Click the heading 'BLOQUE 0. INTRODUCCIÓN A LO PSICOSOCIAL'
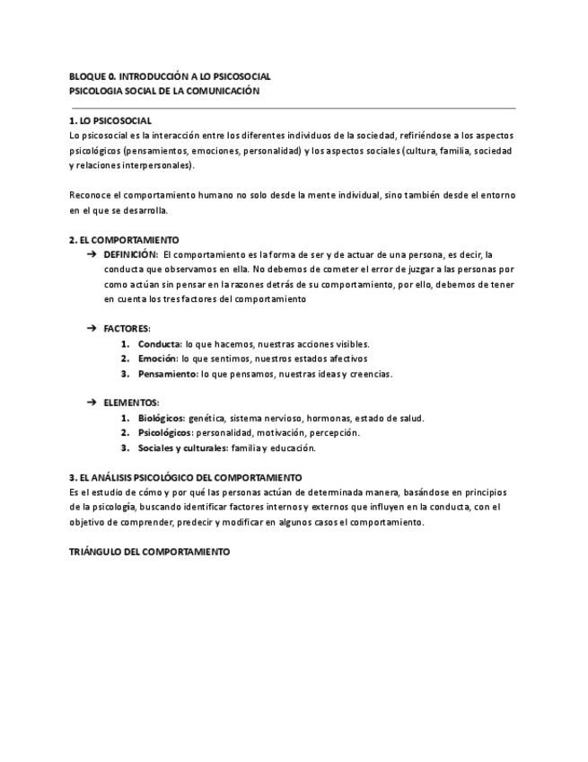tap(170, 76)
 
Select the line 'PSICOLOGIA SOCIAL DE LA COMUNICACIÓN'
tap(164, 91)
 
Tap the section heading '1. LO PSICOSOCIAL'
tap(110, 120)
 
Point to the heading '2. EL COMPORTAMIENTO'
tap(124, 240)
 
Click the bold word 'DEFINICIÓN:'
tap(131, 254)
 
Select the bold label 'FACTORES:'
tap(127, 329)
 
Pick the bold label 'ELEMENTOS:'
tap(131, 403)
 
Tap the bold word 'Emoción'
tap(157, 359)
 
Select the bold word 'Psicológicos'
tap(165, 432)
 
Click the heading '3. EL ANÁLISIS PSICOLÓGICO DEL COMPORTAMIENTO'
tap(186, 477)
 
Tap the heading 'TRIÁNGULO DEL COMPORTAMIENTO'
tap(149, 551)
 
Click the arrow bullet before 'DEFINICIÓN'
tap(92, 254)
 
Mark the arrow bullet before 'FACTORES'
tap(92, 329)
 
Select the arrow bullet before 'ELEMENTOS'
tap(92, 403)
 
